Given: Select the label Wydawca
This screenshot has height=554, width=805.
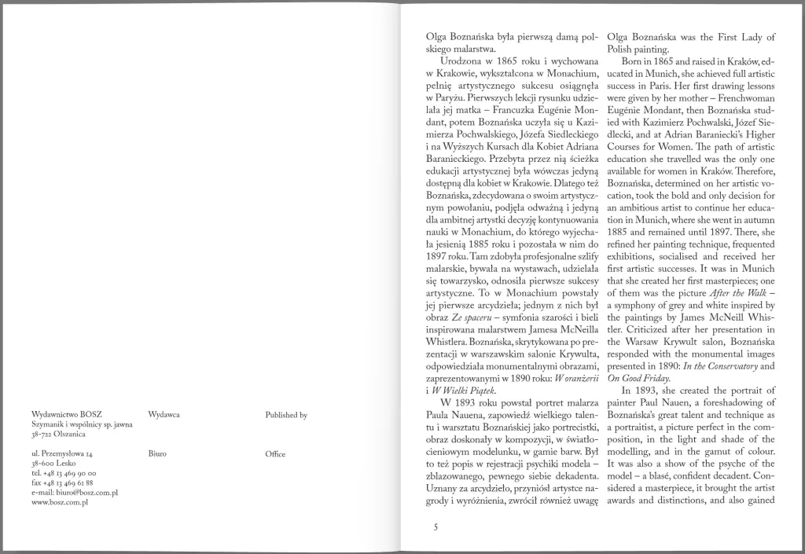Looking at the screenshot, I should (164, 414).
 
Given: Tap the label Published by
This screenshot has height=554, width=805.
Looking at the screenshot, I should (286, 414).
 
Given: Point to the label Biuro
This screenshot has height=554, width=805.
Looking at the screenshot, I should (157, 454).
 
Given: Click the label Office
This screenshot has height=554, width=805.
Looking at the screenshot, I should (275, 454).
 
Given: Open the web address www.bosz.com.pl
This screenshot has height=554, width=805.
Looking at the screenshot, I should (60, 501).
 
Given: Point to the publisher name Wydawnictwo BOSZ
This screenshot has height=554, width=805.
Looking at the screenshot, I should (68, 414).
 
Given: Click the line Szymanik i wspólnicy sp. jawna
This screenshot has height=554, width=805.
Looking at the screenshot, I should (83, 424).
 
